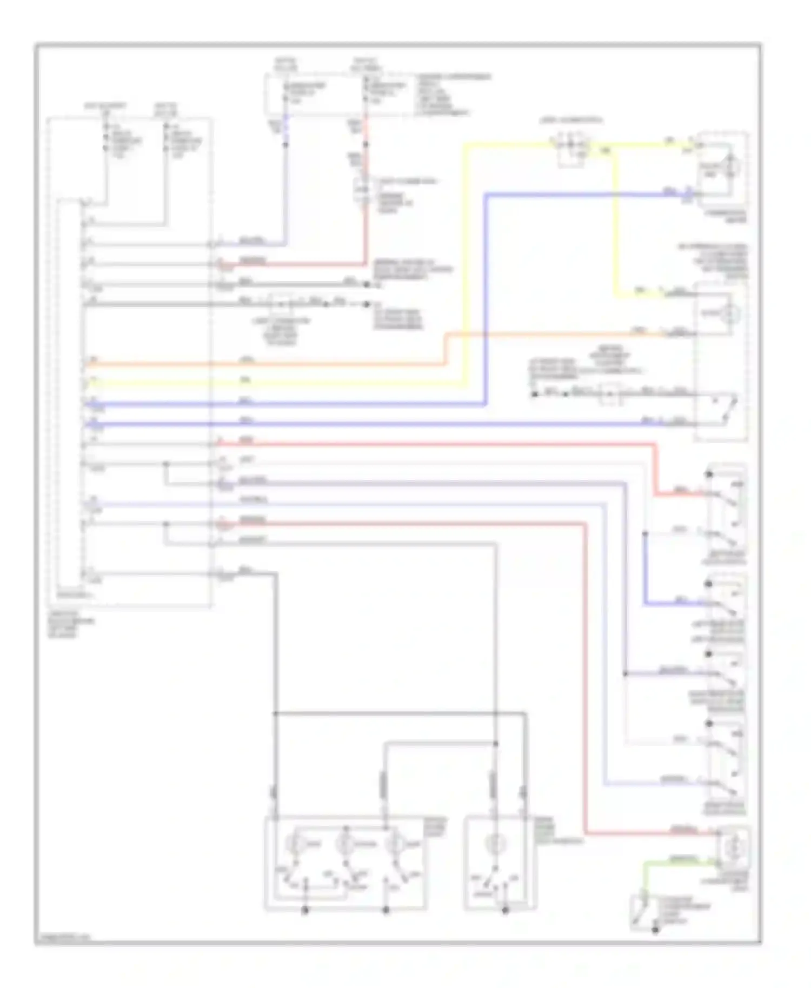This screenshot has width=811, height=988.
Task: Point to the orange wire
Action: click(x=270, y=364)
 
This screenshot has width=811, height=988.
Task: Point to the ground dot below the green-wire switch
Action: click(x=655, y=930)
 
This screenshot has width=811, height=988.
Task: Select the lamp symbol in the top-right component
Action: click(x=732, y=164)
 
